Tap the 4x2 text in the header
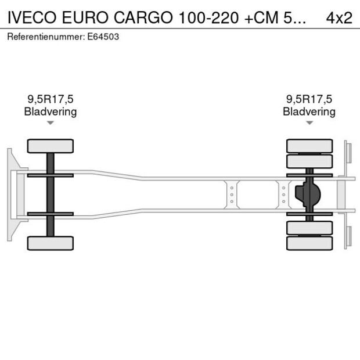(x=339, y=17)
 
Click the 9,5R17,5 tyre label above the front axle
(x=50, y=99)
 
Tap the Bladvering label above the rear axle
(x=309, y=111)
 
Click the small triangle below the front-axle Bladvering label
(x=51, y=123)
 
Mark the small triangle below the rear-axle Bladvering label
(x=309, y=123)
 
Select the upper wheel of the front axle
(x=51, y=146)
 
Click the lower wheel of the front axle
(x=51, y=243)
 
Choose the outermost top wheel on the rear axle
(x=309, y=146)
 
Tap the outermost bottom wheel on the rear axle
(x=309, y=243)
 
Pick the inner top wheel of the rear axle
(x=309, y=161)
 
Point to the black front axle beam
(x=51, y=195)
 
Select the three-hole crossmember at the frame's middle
(x=232, y=195)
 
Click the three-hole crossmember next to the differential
(x=283, y=195)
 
